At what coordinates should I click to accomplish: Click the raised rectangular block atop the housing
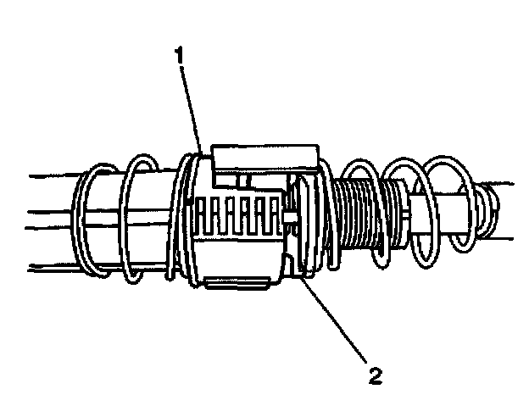(x=265, y=158)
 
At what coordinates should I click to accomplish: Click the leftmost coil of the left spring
(x=85, y=225)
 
